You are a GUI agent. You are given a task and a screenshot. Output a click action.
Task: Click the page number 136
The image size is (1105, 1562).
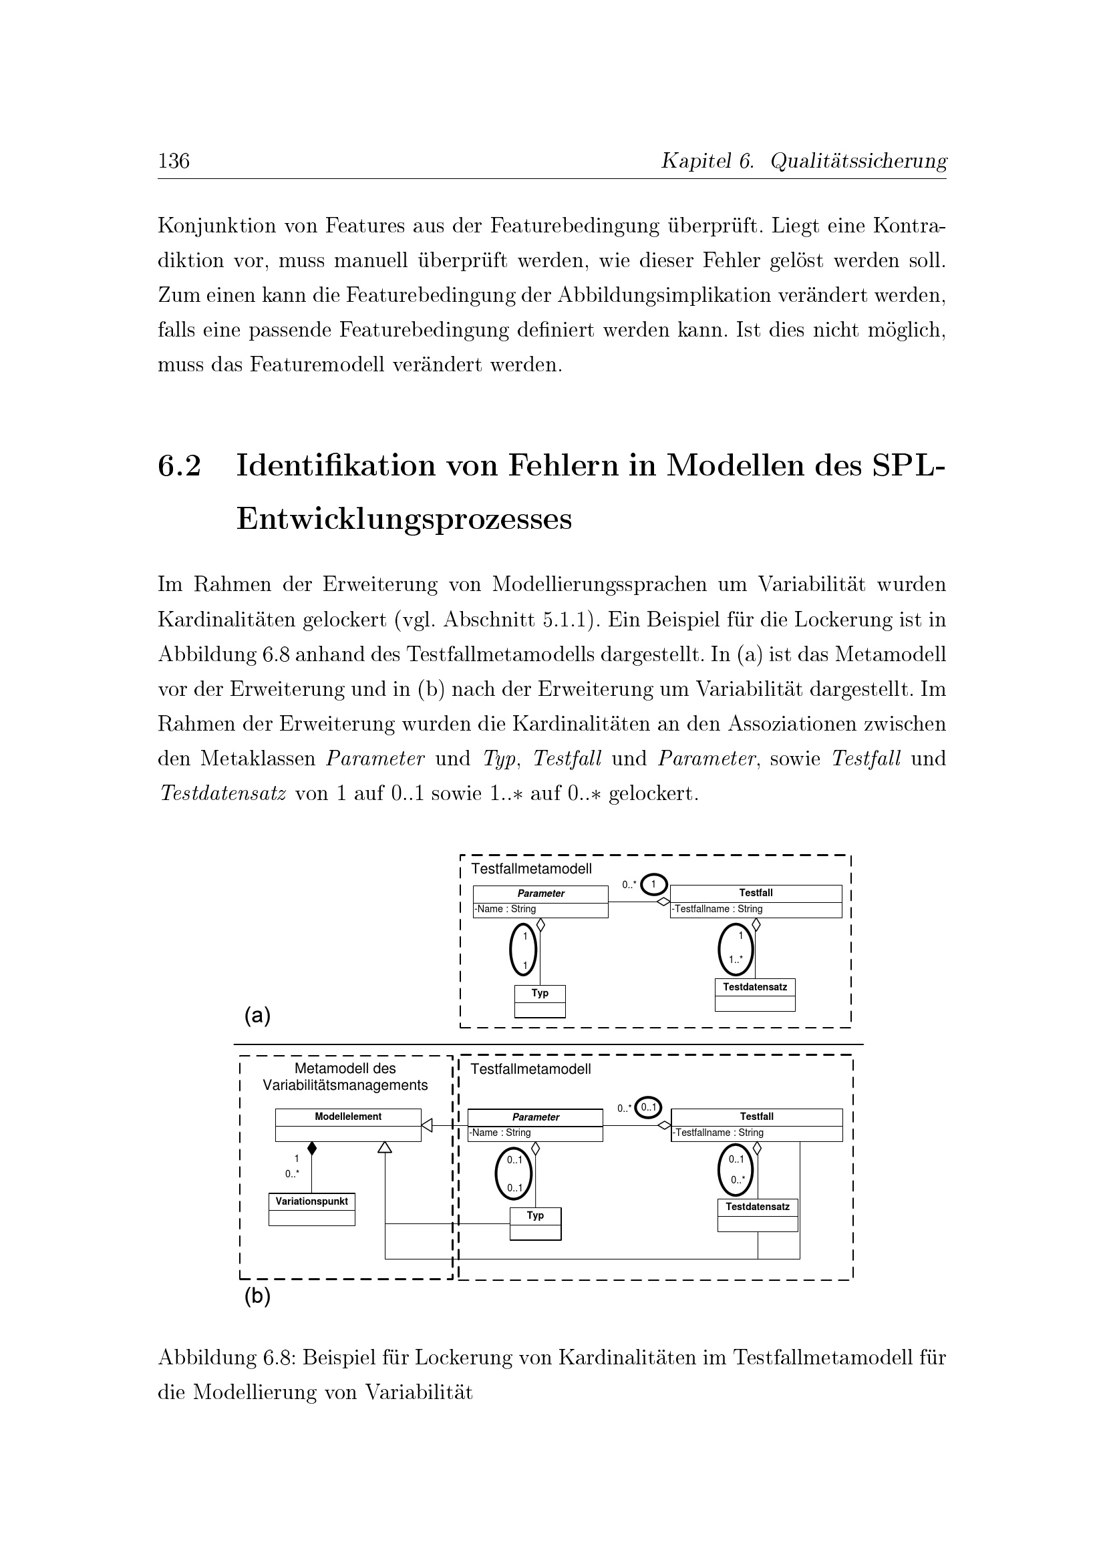174,161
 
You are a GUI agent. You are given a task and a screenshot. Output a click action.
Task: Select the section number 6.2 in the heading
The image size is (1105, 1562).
180,466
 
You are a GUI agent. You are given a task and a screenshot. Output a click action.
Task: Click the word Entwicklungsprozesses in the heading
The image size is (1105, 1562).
404,519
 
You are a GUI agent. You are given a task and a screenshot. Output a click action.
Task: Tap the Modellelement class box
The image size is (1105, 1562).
347,1125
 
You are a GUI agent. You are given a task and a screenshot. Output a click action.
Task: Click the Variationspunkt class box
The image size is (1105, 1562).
311,1209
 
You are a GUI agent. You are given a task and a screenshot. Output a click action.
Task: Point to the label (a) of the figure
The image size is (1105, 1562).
257,1016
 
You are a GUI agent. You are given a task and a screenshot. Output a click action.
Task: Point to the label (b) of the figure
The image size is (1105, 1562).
257,1296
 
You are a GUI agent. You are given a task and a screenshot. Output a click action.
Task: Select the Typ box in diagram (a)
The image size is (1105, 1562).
540,1001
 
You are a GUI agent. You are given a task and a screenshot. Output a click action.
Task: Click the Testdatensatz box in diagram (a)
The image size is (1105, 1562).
754,994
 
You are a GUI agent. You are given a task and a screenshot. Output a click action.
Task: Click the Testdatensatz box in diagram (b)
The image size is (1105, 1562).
758,1214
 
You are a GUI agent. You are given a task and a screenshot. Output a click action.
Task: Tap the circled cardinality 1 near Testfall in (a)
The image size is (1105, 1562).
653,884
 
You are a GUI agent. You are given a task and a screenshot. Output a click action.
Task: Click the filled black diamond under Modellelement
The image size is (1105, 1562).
311,1149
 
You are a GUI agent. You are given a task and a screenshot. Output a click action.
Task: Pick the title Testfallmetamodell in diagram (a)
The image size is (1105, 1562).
530,869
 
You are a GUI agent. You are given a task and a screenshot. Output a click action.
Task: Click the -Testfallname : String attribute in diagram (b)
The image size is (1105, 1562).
718,1133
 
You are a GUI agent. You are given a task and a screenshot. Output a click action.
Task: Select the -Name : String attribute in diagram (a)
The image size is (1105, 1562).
506,909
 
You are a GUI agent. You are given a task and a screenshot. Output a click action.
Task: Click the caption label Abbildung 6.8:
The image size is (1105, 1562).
226,1358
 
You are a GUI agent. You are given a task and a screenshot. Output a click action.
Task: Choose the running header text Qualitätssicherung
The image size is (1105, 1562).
858,161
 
